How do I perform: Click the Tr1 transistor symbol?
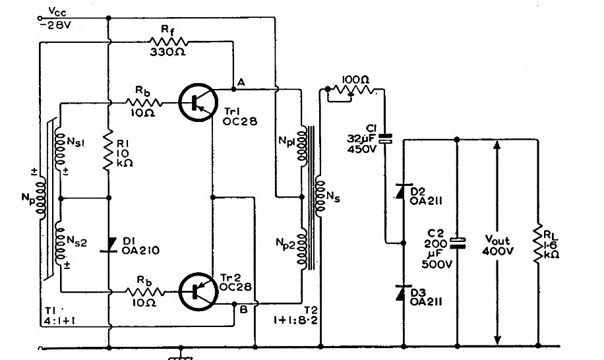[x=196, y=102]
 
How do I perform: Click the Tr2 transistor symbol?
[x=196, y=290]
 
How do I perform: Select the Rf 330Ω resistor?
[x=169, y=41]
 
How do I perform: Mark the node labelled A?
[x=241, y=82]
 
